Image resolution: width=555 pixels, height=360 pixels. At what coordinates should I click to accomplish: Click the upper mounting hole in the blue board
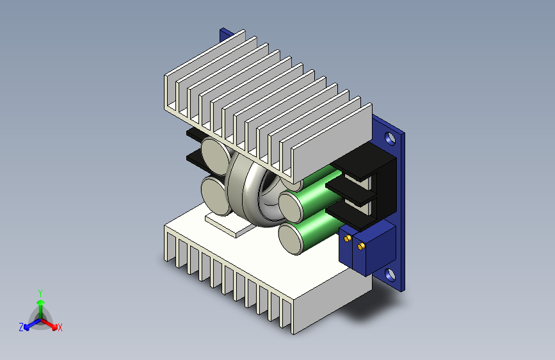tap(390, 138)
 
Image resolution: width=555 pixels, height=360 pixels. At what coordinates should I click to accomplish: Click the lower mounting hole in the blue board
tap(390, 275)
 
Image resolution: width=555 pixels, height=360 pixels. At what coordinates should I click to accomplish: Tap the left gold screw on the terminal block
tap(348, 238)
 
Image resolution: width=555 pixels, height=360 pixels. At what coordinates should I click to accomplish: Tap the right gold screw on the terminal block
tap(361, 246)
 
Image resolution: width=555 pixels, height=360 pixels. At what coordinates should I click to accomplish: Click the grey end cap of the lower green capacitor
tap(291, 238)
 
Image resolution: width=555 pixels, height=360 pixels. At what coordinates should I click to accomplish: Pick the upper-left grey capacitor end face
tap(216, 156)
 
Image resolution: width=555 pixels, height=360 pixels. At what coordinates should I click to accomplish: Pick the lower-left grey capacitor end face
tap(215, 196)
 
